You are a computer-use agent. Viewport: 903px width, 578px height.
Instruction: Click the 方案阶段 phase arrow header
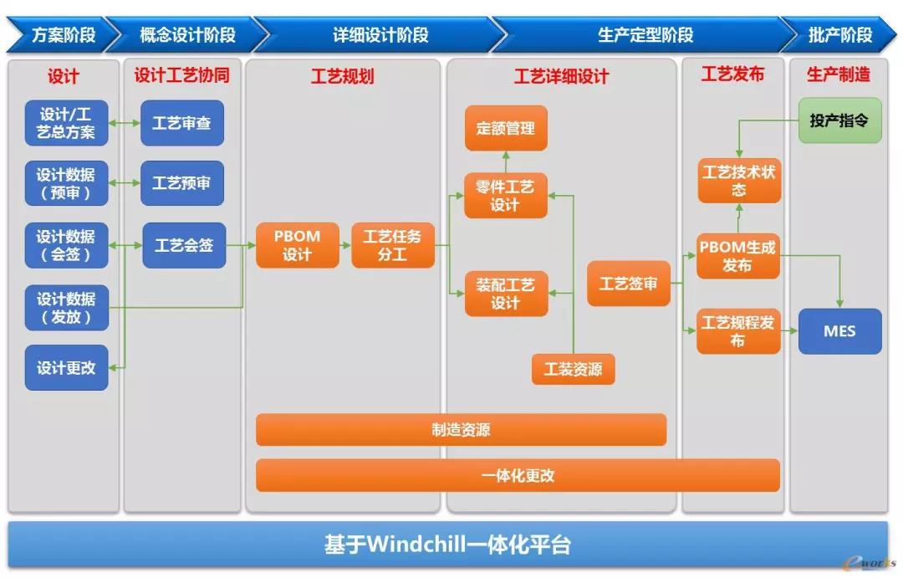60,34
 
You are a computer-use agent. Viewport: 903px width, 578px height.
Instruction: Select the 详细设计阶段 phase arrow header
380,34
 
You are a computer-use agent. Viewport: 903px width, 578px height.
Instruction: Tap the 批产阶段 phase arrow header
839,34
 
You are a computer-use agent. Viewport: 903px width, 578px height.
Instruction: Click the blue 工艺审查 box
182,123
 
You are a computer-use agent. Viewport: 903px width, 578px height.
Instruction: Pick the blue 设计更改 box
66,368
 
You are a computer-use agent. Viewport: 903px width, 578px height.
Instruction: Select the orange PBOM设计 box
297,245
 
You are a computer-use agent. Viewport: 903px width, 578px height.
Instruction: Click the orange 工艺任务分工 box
393,245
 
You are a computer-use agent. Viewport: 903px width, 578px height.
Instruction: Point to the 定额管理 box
506,128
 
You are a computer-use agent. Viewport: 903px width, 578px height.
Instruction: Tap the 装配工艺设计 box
506,294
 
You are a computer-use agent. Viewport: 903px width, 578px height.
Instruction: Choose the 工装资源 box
573,369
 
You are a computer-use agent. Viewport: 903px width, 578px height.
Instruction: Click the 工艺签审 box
628,284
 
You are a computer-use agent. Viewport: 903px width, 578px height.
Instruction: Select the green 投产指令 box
839,120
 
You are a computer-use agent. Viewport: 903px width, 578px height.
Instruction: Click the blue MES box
839,331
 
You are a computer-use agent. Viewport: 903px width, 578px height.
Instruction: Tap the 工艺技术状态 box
739,181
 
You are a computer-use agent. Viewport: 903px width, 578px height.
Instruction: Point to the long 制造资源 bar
461,429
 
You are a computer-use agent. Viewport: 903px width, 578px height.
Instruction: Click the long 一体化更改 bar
518,475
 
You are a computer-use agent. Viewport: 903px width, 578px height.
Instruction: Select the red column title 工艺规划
343,76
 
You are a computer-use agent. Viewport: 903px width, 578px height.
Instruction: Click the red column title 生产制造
839,74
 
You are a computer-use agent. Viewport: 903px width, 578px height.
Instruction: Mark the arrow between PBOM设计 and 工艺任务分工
345,245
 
